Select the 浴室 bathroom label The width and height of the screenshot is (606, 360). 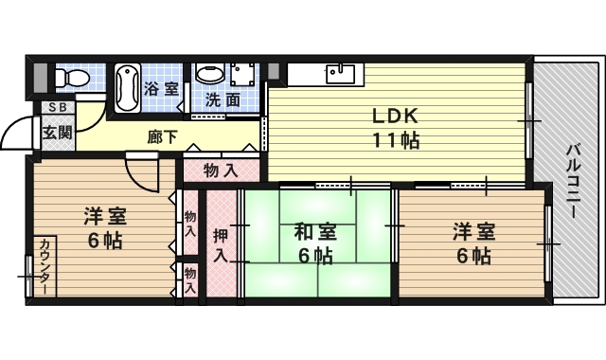[x=161, y=89]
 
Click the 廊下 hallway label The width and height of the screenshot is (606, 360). [x=162, y=136]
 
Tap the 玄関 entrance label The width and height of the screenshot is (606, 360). [x=56, y=133]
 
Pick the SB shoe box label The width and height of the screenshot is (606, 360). [x=56, y=108]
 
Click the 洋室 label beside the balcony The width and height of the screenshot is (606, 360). [x=472, y=231]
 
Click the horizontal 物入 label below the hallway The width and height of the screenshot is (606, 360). [x=220, y=171]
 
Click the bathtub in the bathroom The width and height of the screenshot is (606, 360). [x=127, y=87]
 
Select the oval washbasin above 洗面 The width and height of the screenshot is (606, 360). [x=210, y=74]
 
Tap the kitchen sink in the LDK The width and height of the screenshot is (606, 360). [x=337, y=73]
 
